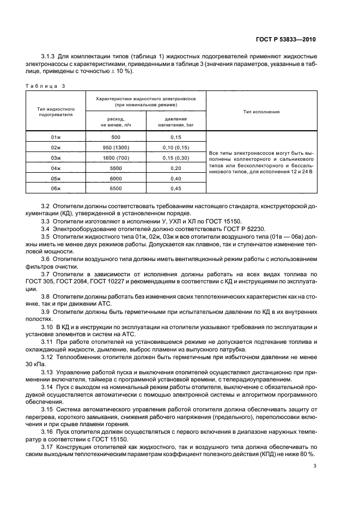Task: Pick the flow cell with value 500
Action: pyautogui.click(x=115, y=137)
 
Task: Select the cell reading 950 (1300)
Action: pyautogui.click(x=115, y=148)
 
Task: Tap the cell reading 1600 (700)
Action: pyautogui.click(x=115, y=158)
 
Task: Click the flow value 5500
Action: pyautogui.click(x=115, y=168)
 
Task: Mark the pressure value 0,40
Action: pyautogui.click(x=175, y=179)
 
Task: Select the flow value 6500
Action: pyautogui.click(x=115, y=189)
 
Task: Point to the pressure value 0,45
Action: pyautogui.click(x=175, y=189)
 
